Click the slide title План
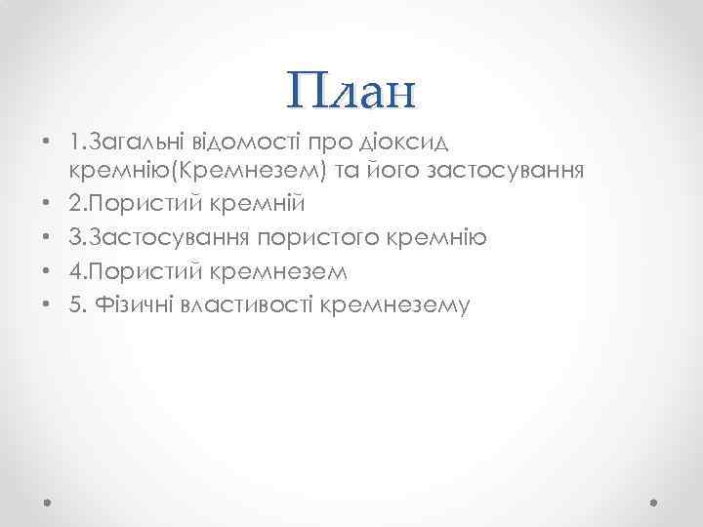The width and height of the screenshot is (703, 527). pyautogui.click(x=351, y=91)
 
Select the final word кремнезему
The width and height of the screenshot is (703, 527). pyautogui.click(x=395, y=304)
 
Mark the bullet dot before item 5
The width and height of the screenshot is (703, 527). pyautogui.click(x=47, y=304)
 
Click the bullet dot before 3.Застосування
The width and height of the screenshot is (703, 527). pyautogui.click(x=47, y=238)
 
